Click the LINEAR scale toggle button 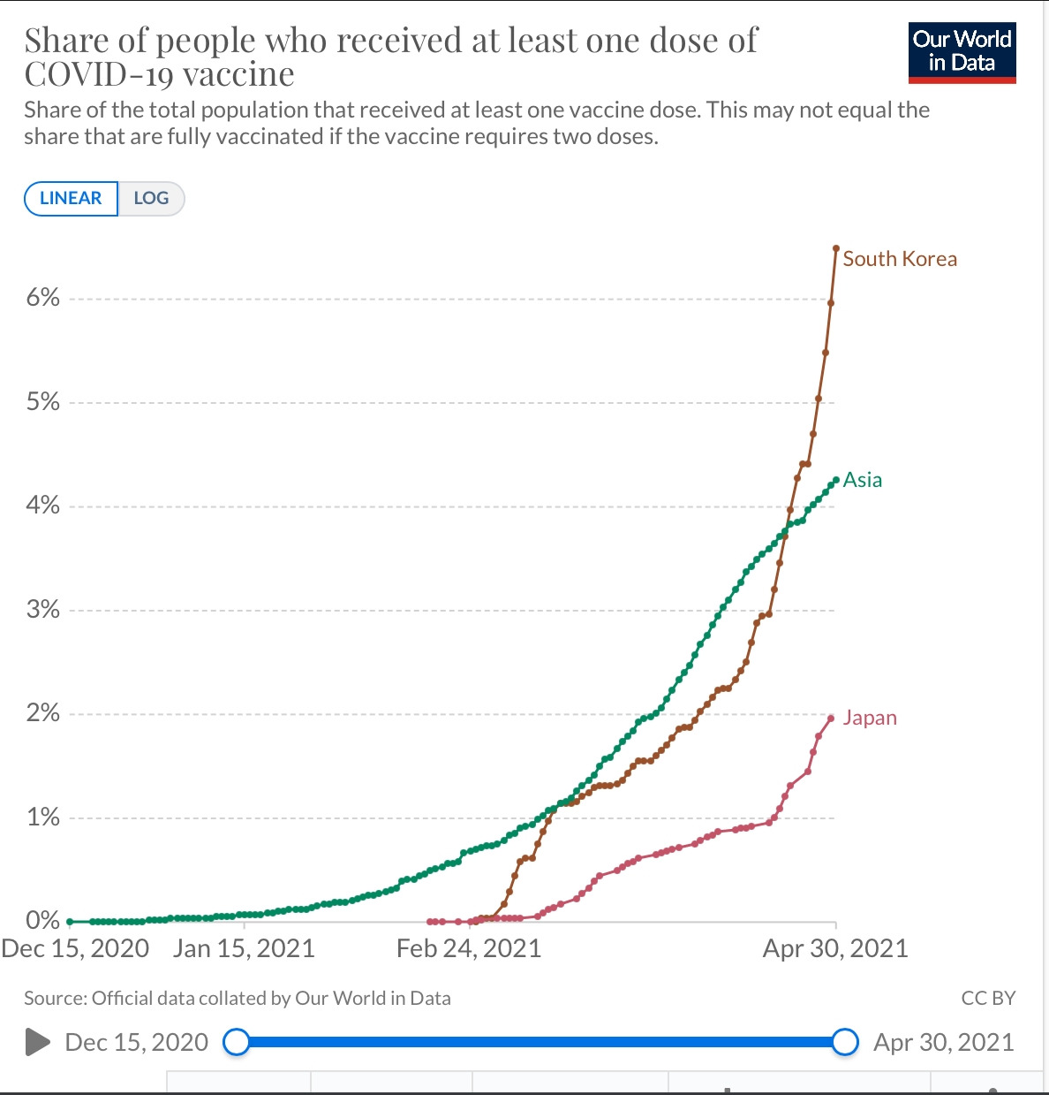[x=71, y=198]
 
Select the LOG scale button [x=151, y=198]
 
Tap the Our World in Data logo [x=962, y=52]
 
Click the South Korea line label [x=899, y=259]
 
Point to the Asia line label [x=862, y=480]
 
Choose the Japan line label [x=869, y=718]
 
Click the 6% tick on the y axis [x=42, y=298]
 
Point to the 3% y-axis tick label [x=42, y=610]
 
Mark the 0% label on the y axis [x=42, y=921]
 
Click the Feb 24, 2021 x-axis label [x=468, y=949]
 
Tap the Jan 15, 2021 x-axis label [x=244, y=949]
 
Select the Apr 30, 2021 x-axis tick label [x=834, y=949]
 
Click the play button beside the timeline [x=37, y=1042]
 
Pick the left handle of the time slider [x=237, y=1042]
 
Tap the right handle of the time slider [x=845, y=1042]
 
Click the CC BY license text [x=987, y=998]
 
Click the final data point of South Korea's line [x=836, y=248]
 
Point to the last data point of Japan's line [x=831, y=718]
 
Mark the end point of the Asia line [x=835, y=480]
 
